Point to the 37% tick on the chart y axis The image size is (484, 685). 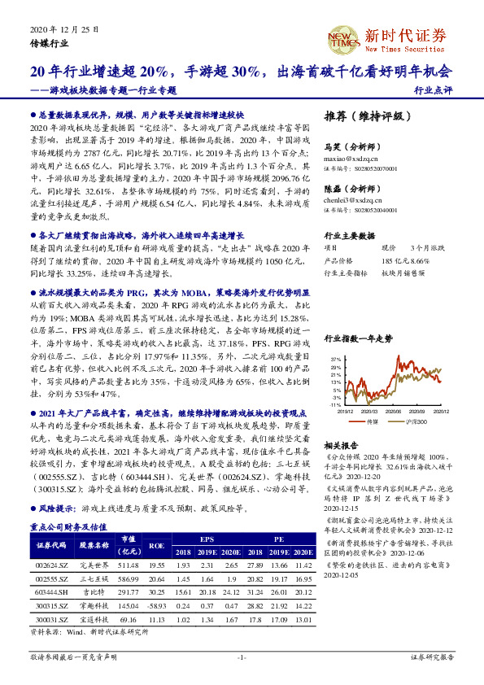click(x=335, y=359)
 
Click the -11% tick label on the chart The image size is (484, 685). click(x=335, y=404)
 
